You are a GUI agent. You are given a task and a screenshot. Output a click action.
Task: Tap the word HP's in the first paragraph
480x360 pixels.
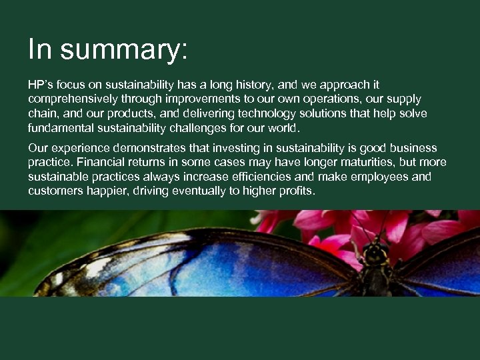coord(41,85)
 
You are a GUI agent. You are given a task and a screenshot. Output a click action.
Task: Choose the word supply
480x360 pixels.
coord(403,99)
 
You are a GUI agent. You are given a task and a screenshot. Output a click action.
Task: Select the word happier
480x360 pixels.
coord(102,191)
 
